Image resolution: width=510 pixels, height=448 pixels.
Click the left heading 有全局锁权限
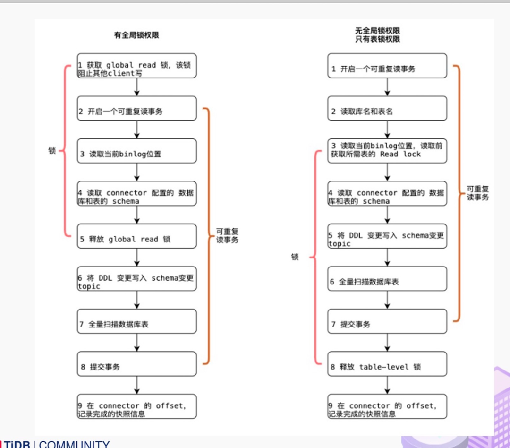[136, 35]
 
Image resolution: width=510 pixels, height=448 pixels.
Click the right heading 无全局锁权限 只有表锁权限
[378, 35]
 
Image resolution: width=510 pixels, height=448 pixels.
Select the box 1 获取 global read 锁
[137, 65]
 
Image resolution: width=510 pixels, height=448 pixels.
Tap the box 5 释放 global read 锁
[137, 236]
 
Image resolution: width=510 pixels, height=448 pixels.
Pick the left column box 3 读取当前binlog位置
[137, 151]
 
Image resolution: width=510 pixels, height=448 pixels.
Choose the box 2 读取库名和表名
[387, 108]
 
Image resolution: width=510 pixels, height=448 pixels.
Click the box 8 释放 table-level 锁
[387, 363]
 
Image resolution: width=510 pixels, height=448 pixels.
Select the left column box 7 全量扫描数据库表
[137, 321]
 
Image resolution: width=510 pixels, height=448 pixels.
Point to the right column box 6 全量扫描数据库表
[387, 278]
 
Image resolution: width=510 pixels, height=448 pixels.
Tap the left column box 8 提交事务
[137, 363]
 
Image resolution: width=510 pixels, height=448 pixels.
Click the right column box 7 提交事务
[387, 321]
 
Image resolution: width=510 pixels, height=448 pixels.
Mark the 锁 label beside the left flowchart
[52, 151]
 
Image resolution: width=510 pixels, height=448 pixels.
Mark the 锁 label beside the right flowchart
[295, 257]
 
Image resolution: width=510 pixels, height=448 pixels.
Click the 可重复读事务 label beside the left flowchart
[228, 236]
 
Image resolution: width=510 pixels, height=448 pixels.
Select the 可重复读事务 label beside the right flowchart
[478, 193]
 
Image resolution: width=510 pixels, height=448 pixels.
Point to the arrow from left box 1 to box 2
[137, 87]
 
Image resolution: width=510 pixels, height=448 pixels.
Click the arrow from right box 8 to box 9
[387, 385]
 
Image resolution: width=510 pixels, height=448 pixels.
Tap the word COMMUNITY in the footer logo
[74, 444]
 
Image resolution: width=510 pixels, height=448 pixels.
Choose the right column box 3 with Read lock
[387, 151]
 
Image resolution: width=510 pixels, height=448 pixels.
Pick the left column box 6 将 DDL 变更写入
[137, 278]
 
